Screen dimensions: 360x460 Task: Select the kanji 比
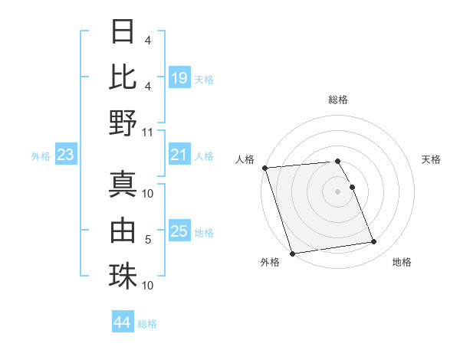(x=123, y=76)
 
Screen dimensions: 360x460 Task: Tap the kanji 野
(x=123, y=123)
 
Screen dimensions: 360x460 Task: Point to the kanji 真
(x=123, y=184)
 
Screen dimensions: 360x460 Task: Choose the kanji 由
(x=123, y=229)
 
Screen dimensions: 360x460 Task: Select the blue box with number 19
(x=179, y=78)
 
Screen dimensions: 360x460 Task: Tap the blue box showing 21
(x=179, y=155)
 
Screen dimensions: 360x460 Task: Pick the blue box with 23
(x=65, y=155)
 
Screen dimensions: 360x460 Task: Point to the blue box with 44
(x=123, y=323)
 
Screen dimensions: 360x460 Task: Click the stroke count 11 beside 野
(x=148, y=132)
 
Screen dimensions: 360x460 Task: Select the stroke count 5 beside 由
(x=148, y=240)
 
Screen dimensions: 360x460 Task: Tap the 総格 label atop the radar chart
(x=338, y=100)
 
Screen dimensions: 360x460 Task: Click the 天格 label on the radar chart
(x=431, y=159)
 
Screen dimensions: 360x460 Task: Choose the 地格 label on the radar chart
(x=402, y=262)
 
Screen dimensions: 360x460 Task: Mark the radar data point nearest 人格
(x=264, y=168)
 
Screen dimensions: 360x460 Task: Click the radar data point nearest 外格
(x=292, y=254)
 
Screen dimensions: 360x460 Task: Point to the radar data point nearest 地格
(x=374, y=242)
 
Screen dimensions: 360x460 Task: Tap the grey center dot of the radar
(x=338, y=191)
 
